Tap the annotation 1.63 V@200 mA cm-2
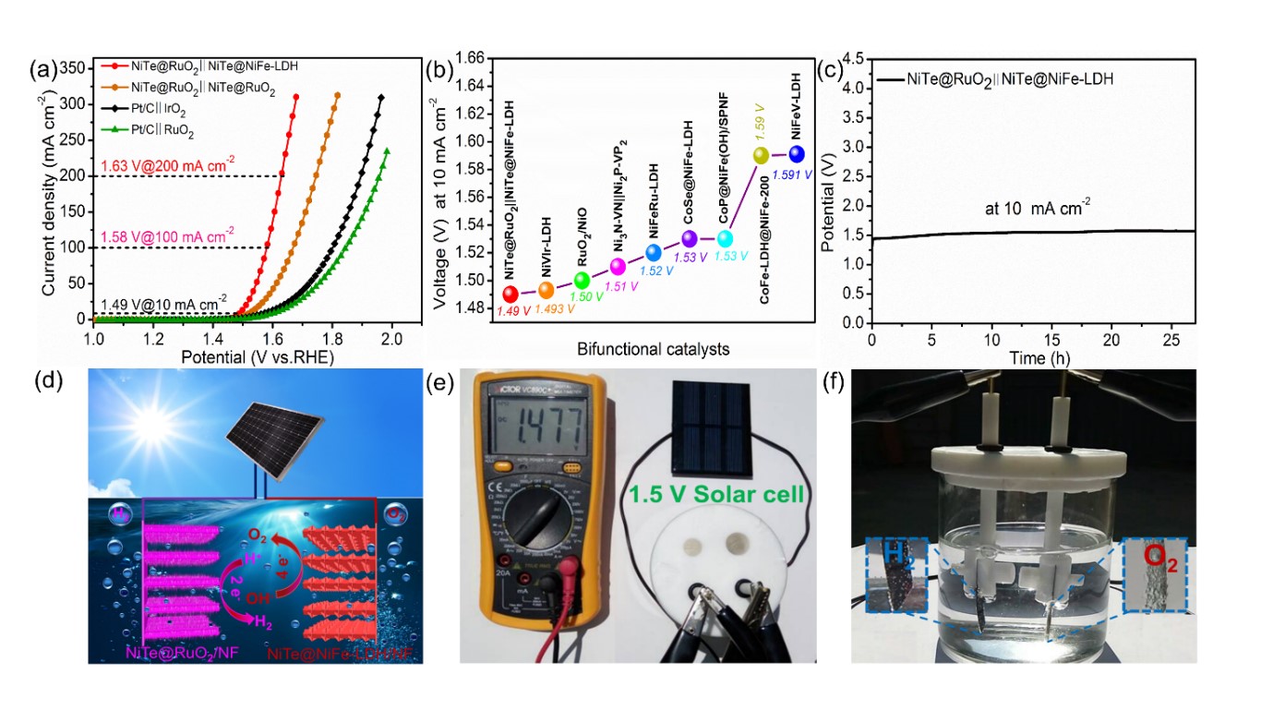[162, 166]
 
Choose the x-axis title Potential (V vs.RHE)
[243, 356]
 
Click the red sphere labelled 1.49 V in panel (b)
[510, 295]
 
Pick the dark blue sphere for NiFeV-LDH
[797, 154]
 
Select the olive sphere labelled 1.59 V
[762, 155]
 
